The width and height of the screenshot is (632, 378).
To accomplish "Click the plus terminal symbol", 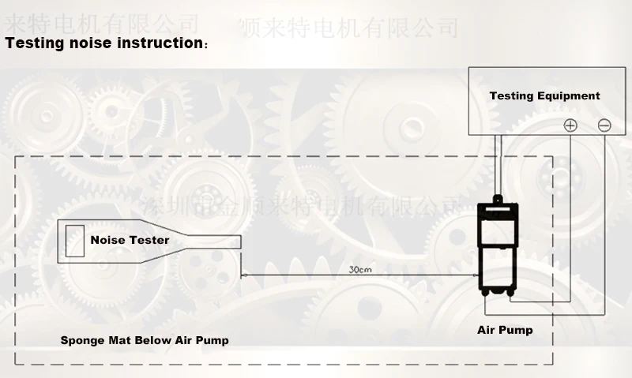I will [x=570, y=125].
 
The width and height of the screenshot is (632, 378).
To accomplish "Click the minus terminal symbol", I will [x=604, y=125].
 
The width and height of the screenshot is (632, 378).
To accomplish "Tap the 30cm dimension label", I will [x=360, y=269].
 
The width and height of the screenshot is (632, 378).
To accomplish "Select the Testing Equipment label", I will [x=544, y=96].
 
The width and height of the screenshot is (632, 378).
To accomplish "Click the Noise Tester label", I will [x=130, y=240].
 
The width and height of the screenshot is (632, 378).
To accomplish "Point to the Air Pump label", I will [x=505, y=330].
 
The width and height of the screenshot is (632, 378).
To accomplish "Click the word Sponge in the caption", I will [x=83, y=341].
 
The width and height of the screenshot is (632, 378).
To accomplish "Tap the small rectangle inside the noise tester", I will [x=75, y=239].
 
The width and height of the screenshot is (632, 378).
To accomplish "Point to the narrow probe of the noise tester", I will [x=213, y=241].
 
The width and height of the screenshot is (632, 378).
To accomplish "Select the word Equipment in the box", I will [x=569, y=96].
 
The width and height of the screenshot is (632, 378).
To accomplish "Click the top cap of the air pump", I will [x=498, y=203].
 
